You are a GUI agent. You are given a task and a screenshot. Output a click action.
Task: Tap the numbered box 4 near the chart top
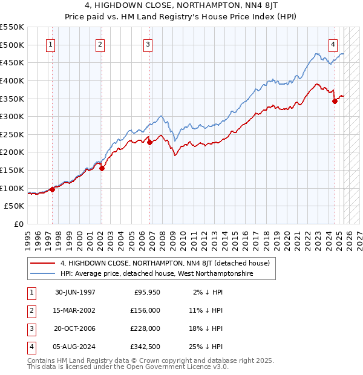(333, 44)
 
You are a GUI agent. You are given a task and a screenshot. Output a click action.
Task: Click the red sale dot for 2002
(102, 169)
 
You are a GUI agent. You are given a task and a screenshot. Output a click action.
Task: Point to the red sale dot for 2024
(335, 102)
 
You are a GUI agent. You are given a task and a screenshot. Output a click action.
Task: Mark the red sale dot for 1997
(53, 189)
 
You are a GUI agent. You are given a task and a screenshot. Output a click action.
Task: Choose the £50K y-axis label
(14, 206)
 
